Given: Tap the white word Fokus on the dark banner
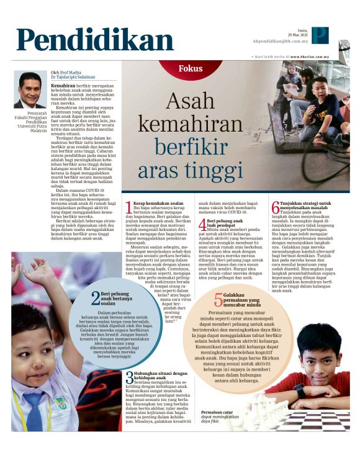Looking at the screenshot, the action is click(191, 68).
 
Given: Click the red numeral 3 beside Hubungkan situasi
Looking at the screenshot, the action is click(128, 361).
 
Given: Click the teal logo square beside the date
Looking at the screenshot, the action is click(320, 35).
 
